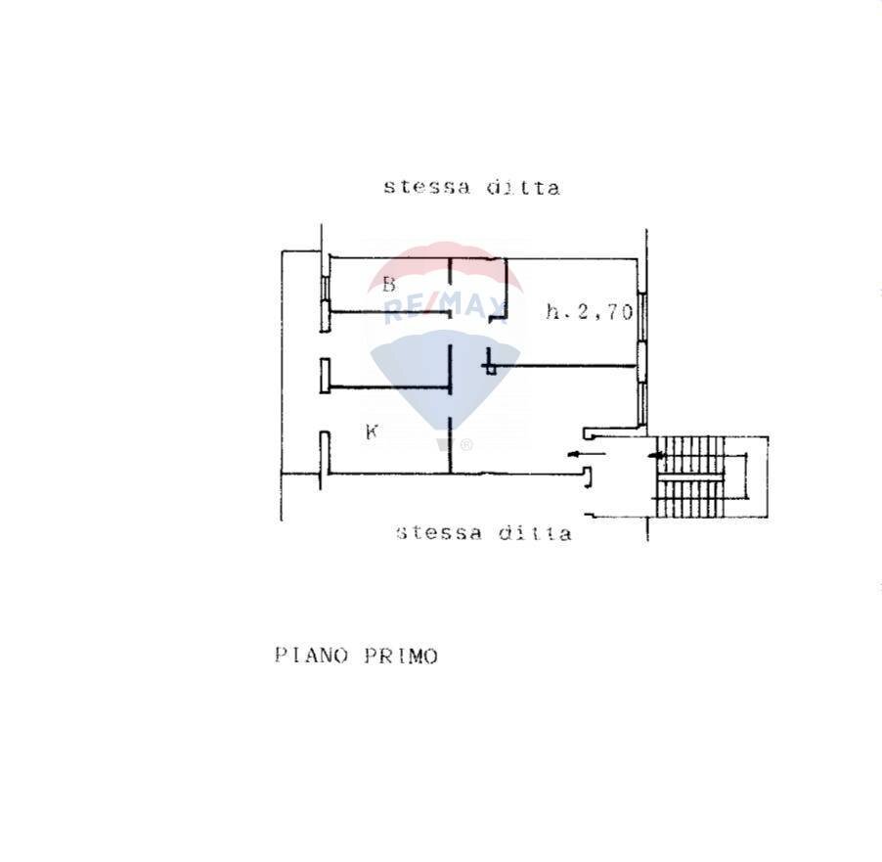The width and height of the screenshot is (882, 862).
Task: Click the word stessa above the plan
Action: [x=424, y=186]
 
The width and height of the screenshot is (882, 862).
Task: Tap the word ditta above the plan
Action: [x=523, y=187]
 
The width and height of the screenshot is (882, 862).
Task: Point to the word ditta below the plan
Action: [x=535, y=533]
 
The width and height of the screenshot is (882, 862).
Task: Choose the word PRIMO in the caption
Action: [x=401, y=656]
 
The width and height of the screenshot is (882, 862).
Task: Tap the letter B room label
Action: [x=388, y=285]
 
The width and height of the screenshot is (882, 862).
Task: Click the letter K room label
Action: [x=372, y=431]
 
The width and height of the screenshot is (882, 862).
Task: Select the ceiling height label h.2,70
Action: [x=589, y=313]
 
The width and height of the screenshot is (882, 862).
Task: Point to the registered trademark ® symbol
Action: [x=466, y=445]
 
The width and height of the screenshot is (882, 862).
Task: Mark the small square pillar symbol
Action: [x=491, y=368]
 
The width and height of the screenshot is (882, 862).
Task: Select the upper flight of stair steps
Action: [x=694, y=451]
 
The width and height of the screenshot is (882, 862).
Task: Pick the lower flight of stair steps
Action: [x=692, y=498]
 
